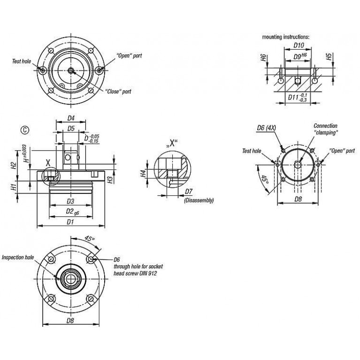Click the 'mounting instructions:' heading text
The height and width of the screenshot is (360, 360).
pos(286,37)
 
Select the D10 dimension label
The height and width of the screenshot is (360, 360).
pos(299,45)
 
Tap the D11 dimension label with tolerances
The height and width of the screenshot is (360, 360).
pos(298,98)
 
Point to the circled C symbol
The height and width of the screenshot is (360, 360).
pos(25,130)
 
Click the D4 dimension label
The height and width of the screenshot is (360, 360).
pos(71,118)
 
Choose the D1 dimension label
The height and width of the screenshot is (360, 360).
pos(70,222)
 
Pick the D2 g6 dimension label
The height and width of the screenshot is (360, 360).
pos(72,212)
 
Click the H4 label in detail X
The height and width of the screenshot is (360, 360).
pos(143,173)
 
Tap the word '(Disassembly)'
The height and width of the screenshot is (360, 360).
pos(199,200)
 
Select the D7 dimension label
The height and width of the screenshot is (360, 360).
pos(189,191)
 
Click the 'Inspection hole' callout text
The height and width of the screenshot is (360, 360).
pos(18,257)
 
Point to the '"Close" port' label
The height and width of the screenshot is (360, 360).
pos(118,92)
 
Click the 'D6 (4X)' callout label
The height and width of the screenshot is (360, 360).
pos(266,128)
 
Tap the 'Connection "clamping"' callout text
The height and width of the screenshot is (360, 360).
pos(326,129)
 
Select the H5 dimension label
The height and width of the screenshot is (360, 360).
pos(329,57)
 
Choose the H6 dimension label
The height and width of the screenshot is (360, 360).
pos(264,58)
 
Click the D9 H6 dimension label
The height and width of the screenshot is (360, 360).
pos(300,56)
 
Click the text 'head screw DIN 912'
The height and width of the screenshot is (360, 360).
pos(135,273)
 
